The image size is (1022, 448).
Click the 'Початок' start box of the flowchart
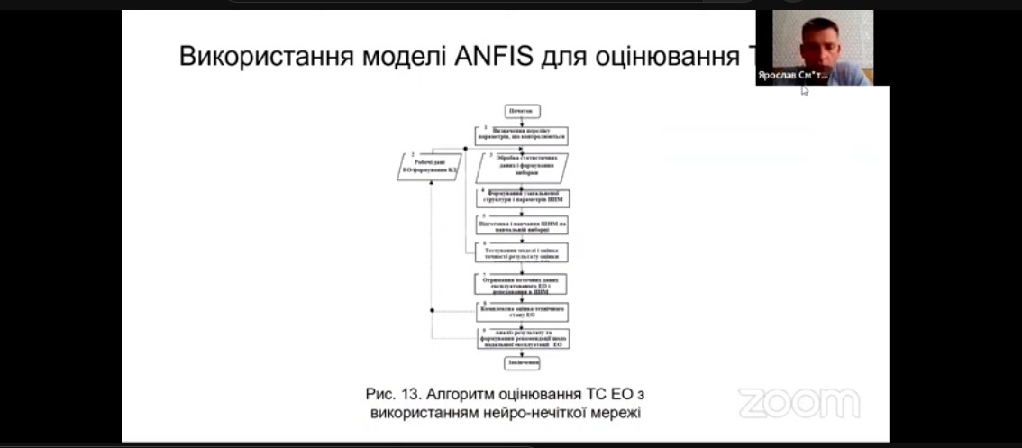tap(522, 112)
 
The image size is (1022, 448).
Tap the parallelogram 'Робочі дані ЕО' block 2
tap(430, 168)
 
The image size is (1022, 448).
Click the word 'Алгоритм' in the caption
tap(468, 394)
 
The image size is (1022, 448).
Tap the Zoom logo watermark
tap(799, 404)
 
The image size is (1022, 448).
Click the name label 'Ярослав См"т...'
tap(793, 78)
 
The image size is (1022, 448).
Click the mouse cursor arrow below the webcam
tap(804, 90)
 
